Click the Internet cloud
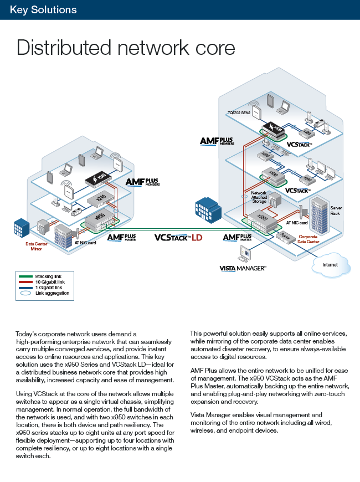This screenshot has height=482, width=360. [x=331, y=264]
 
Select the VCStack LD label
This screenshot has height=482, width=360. [x=178, y=238]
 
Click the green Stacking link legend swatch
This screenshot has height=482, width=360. [x=26, y=276]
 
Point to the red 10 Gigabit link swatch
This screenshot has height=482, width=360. [x=26, y=282]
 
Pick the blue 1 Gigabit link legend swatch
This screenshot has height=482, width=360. [x=26, y=288]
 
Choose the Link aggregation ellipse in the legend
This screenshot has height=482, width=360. [x=26, y=293]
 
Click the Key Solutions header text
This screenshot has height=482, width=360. [x=43, y=10]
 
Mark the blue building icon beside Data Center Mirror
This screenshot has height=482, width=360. [x=22, y=228]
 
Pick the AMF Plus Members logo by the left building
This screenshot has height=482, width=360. [x=142, y=182]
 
